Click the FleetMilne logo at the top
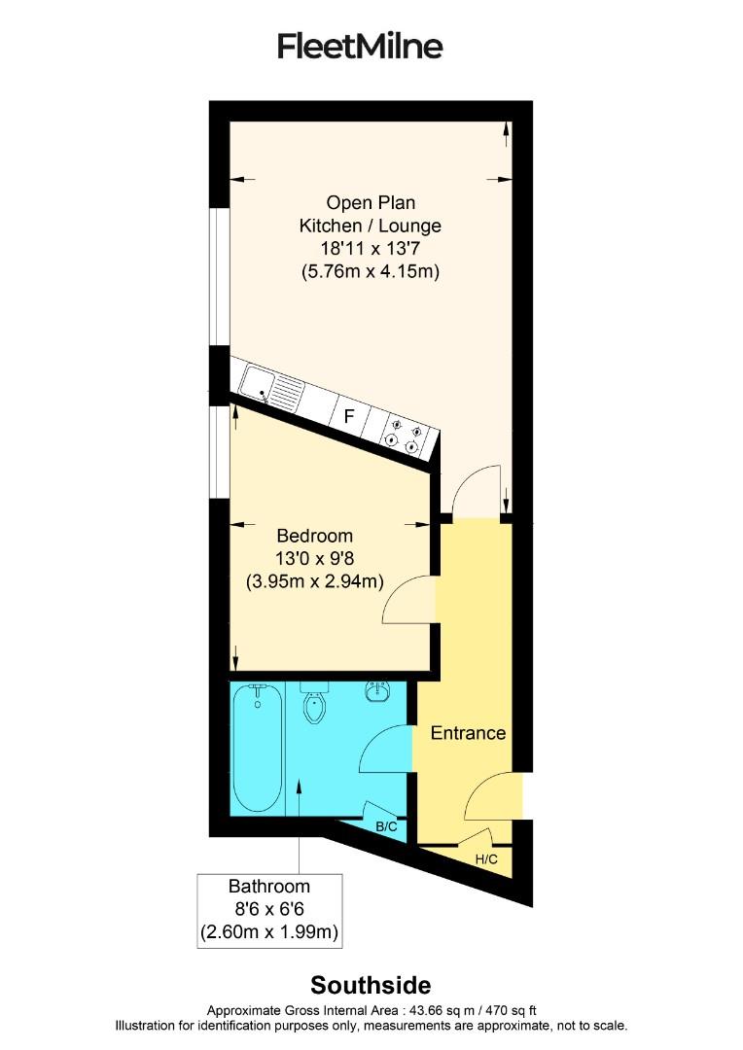point(360,46)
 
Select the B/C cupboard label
point(386,826)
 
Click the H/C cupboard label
point(486,858)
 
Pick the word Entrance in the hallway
point(468,733)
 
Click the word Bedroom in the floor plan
point(314,536)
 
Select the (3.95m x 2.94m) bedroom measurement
point(314,581)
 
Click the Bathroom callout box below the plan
point(269,910)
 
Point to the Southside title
point(371,985)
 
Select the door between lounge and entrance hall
point(477,492)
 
